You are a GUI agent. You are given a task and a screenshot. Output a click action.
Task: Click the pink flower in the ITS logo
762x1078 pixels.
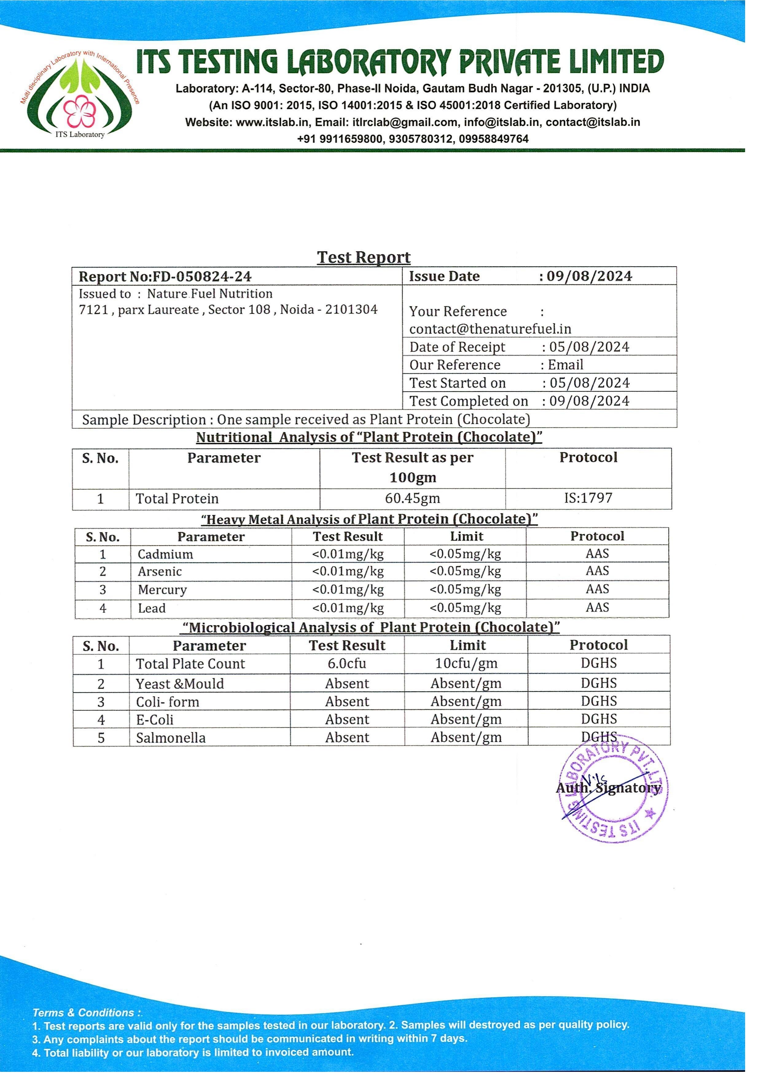coord(76,111)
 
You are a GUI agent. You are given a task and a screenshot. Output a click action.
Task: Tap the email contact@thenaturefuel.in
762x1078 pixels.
coord(490,329)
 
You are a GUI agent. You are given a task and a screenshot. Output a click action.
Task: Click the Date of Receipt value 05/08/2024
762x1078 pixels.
coord(589,347)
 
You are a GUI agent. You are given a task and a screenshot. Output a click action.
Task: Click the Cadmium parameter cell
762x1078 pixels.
coord(165,554)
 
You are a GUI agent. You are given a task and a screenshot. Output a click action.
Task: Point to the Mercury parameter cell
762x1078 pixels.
coord(162,590)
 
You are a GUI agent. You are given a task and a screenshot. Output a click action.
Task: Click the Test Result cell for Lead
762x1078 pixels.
coord(348,608)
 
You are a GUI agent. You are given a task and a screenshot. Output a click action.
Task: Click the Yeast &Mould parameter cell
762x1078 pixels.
coord(180,684)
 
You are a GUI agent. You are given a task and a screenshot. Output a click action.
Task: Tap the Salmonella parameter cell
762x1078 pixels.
coord(171,738)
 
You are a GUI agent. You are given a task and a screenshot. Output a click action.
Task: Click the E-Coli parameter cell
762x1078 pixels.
coord(155,719)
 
